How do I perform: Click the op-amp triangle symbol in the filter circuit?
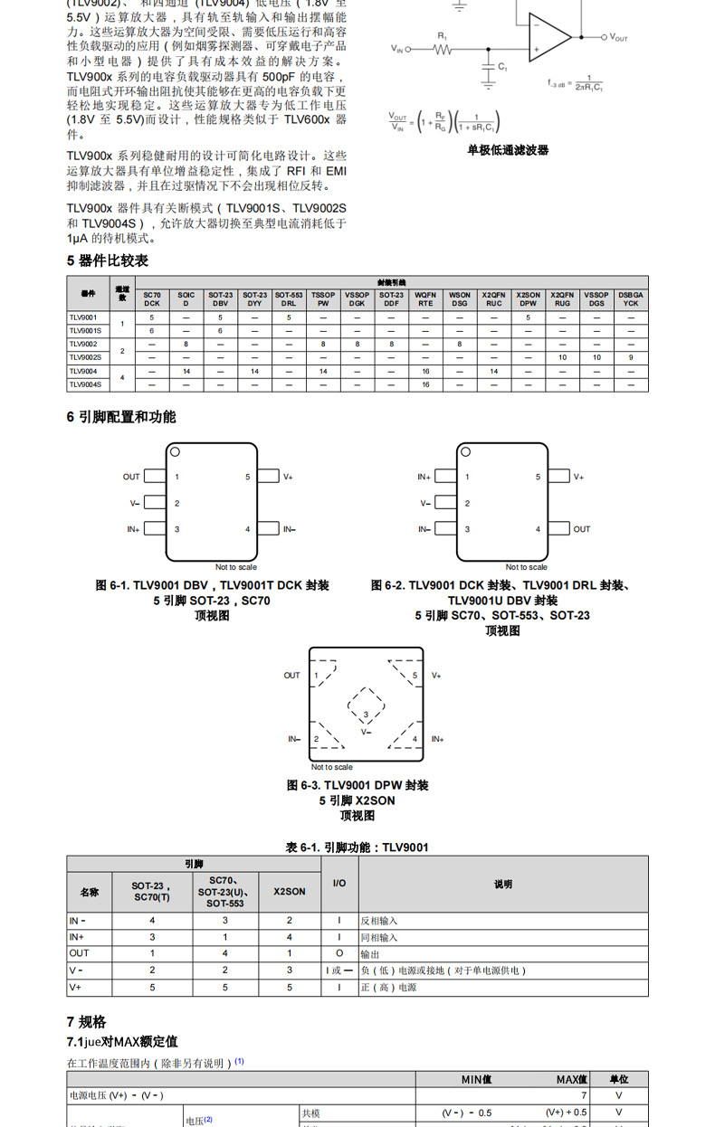548,37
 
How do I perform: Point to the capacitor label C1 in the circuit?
503,67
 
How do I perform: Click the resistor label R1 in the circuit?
443,35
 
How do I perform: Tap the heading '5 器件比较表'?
108,260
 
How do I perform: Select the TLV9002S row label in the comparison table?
85,357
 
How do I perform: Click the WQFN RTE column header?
425,298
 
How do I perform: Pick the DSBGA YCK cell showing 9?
631,357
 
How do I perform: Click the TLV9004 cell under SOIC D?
186,371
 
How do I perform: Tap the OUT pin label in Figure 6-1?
132,477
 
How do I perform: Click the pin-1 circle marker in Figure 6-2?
467,452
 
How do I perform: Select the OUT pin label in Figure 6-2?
581,529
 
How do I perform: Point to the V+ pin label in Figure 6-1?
288,477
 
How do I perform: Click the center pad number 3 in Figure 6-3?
365,715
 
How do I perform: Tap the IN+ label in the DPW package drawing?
437,739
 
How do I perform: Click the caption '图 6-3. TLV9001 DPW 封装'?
357,785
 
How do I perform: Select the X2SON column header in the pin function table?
290,891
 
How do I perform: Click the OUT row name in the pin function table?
80,953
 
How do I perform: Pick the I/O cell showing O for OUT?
339,953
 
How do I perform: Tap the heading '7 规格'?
86,1022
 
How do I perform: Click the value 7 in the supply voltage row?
584,1095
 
